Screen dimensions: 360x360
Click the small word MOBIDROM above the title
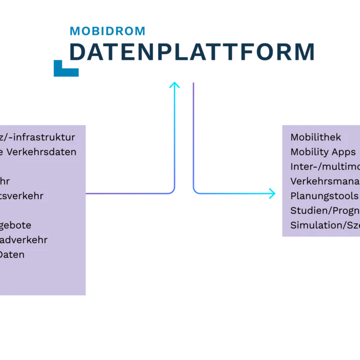107,31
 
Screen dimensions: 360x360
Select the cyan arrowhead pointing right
273,194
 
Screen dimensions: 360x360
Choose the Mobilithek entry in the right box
316,137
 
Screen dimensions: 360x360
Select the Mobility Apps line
323,152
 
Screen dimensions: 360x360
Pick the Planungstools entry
324,196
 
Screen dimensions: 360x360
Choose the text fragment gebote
15,225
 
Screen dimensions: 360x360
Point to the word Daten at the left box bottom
12,254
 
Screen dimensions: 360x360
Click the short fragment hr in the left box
5,181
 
